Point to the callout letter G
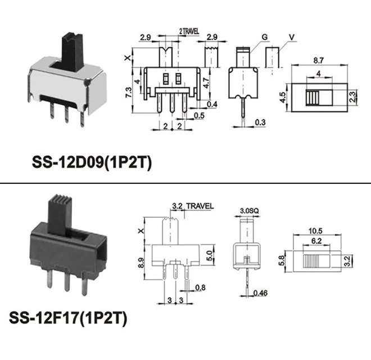[263, 38]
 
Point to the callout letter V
[292, 38]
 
